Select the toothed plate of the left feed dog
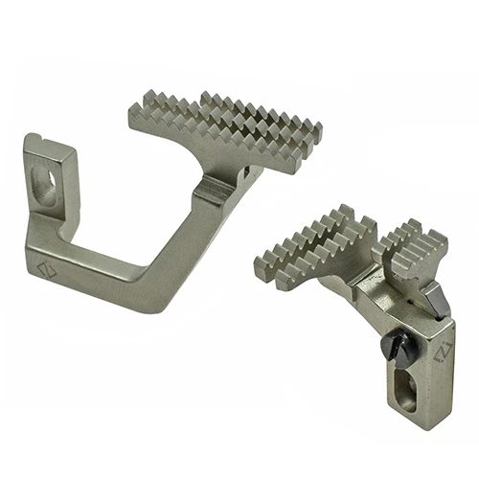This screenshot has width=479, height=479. [226, 129]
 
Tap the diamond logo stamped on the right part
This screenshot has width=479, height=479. [441, 353]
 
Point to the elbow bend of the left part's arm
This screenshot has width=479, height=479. [144, 297]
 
